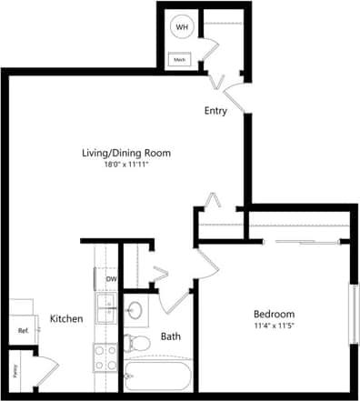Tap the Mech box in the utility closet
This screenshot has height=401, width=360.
pyautogui.click(x=179, y=60)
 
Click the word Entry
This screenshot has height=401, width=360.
pyautogui.click(x=215, y=111)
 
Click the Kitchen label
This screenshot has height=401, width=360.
pyautogui.click(x=66, y=319)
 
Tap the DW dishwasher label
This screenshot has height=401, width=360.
pyautogui.click(x=110, y=280)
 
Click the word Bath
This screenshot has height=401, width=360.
pyautogui.click(x=171, y=336)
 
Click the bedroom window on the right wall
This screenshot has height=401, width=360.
pyautogui.click(x=352, y=314)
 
